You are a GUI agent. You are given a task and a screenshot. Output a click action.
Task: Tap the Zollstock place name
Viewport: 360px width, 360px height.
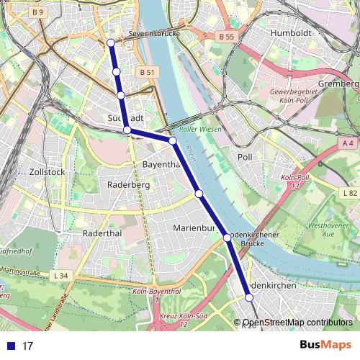[48, 172]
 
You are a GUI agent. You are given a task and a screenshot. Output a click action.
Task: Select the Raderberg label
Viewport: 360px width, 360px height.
[127, 184]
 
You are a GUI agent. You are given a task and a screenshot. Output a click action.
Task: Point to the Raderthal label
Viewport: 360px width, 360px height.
[105, 233]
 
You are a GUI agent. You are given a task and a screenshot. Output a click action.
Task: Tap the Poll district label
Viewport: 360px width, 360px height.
[246, 156]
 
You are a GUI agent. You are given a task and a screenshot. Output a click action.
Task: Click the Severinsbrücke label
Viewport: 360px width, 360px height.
[153, 34]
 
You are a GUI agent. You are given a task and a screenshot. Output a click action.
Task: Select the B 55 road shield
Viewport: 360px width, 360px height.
[225, 36]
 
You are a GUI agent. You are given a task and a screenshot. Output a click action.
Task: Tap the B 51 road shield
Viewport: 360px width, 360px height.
[147, 72]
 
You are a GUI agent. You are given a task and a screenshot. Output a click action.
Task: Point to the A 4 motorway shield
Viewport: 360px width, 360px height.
[348, 143]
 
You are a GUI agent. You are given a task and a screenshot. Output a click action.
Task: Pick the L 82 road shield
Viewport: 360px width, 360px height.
[350, 193]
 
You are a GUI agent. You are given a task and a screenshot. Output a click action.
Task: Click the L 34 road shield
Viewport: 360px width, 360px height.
[60, 276]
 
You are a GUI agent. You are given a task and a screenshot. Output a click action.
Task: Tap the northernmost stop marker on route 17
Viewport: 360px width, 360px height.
[111, 43]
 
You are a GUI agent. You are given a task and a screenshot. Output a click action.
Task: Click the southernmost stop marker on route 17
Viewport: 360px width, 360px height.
[249, 297]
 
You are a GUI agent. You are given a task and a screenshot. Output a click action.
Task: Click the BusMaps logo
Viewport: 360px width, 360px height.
[325, 345]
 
